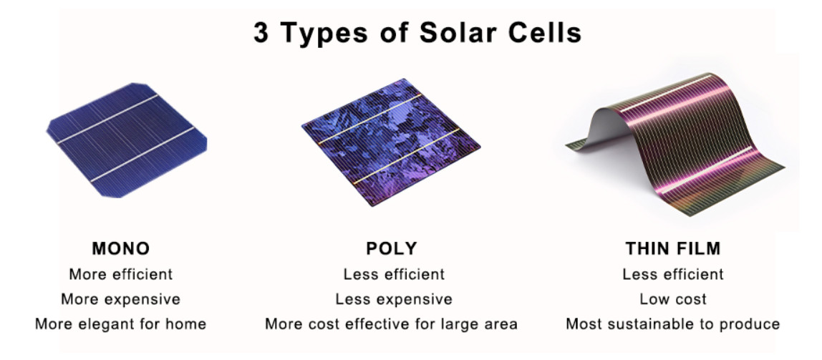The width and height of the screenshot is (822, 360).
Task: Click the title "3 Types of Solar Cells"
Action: [x=418, y=33]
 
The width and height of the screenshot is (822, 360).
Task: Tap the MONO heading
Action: [x=121, y=248]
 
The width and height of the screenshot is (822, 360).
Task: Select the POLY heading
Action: [x=392, y=248]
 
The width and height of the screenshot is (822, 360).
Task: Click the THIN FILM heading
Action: [x=673, y=248]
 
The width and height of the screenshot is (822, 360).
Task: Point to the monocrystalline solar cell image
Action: [x=127, y=140]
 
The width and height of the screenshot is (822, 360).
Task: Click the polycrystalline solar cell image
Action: [x=391, y=142]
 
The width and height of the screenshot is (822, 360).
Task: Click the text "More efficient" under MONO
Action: [x=120, y=274]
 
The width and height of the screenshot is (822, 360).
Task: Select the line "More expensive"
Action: [x=120, y=299]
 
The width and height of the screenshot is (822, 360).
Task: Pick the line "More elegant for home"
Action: [x=120, y=323]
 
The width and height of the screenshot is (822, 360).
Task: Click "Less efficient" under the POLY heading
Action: [x=394, y=274]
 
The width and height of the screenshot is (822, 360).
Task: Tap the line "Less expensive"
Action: [x=394, y=299]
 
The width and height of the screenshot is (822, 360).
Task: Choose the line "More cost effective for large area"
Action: [x=391, y=323]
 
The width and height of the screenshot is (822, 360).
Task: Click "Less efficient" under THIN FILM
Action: [x=673, y=274]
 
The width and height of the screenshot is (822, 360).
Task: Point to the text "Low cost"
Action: [x=673, y=299]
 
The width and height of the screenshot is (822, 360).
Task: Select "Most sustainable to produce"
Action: [x=672, y=323]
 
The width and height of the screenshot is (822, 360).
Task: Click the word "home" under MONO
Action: [x=185, y=323]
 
